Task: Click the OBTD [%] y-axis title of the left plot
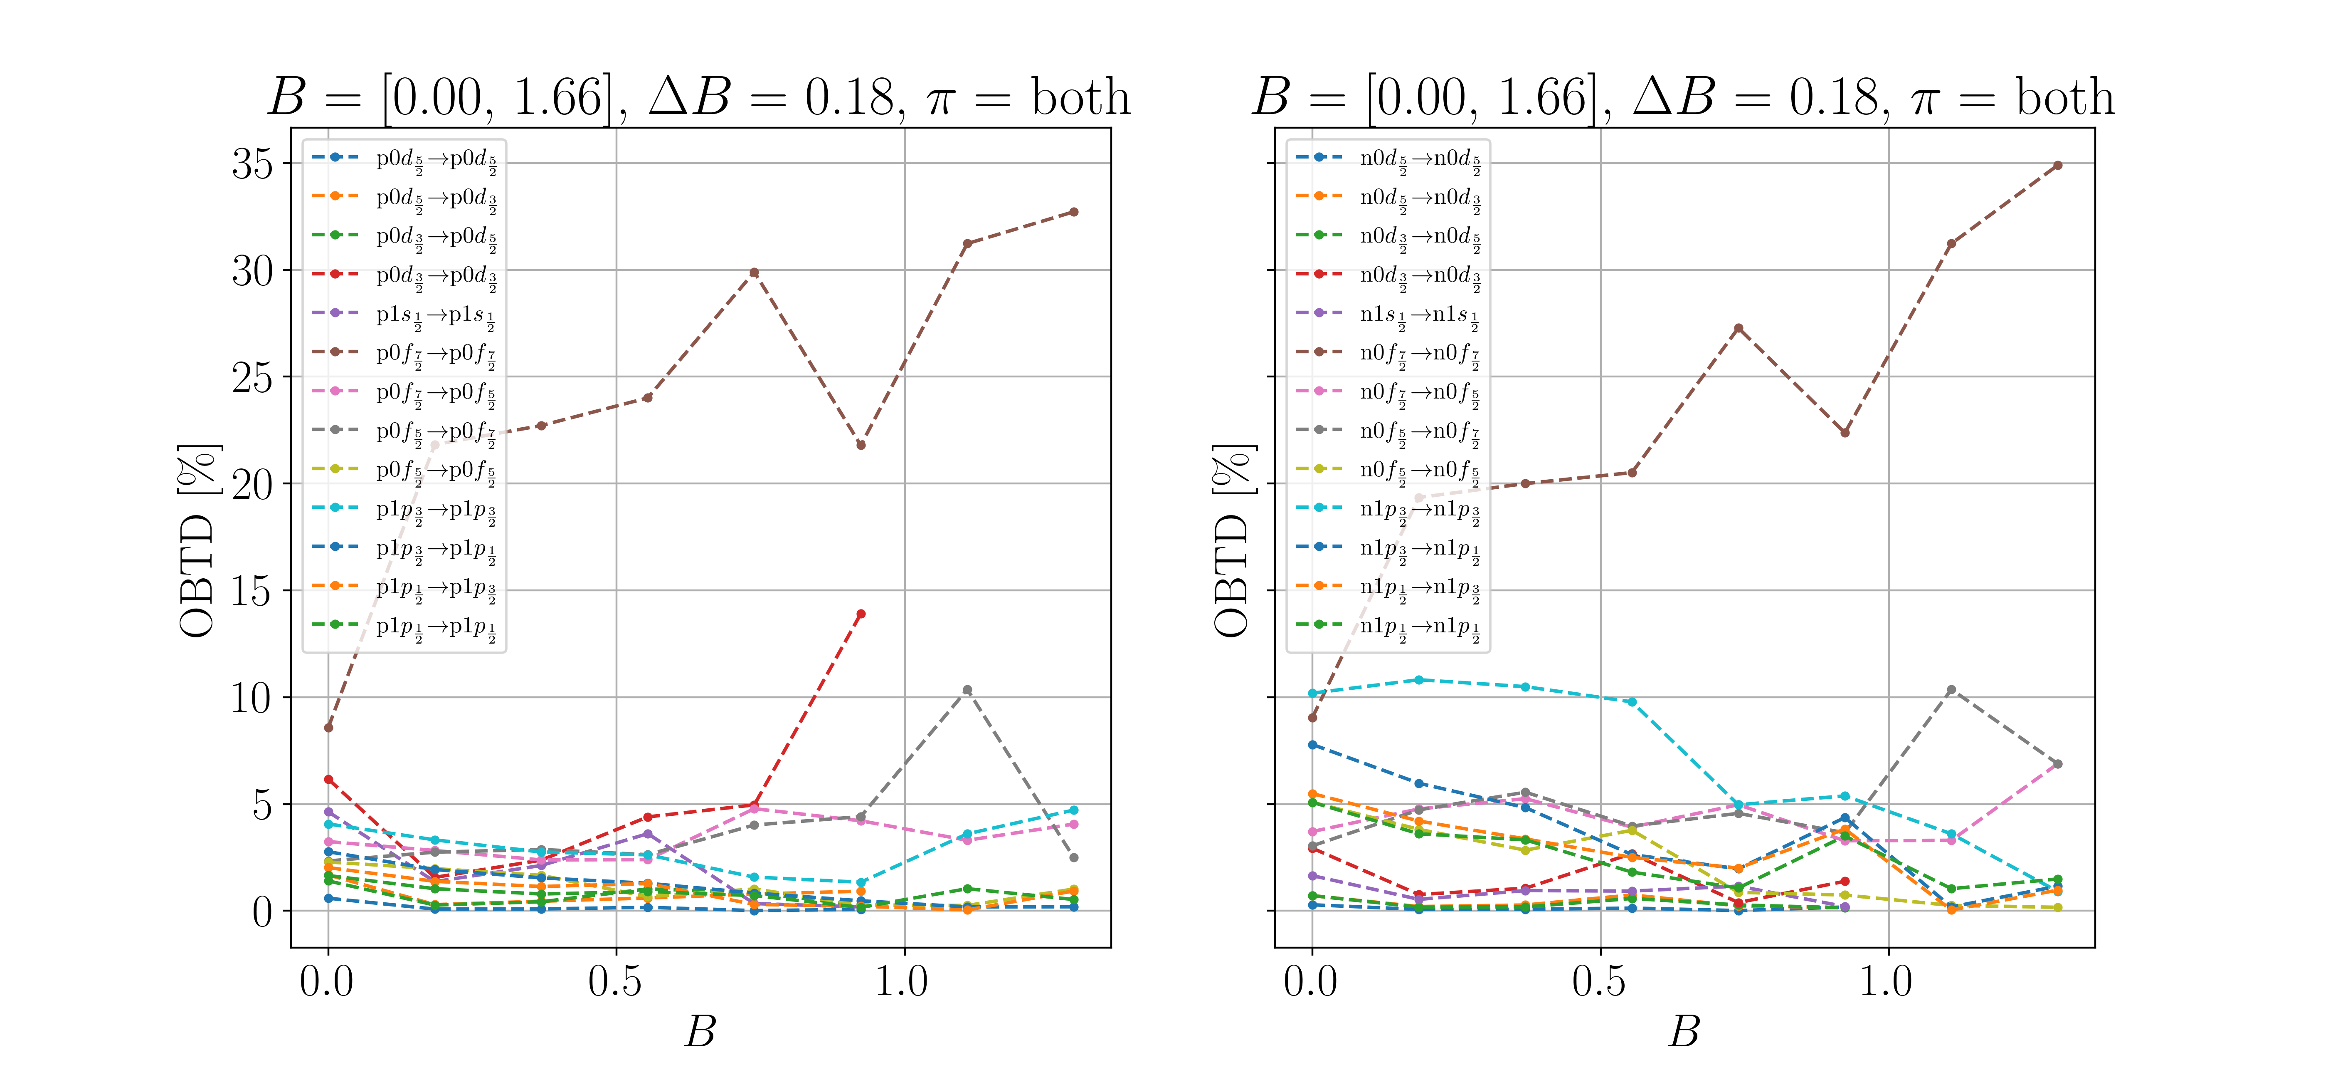(x=197, y=541)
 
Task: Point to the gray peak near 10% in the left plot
(x=967, y=690)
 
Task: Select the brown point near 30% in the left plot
(x=754, y=272)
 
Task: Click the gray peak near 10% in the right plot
(x=1951, y=690)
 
